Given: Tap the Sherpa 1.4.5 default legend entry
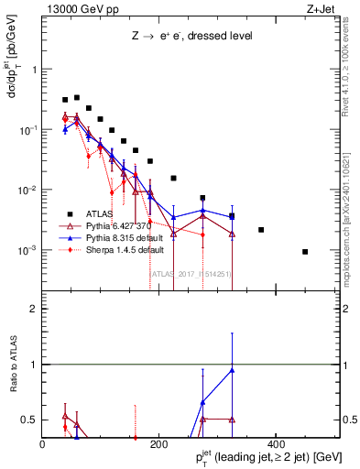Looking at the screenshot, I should click(x=118, y=249).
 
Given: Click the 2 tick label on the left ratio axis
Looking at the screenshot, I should click(x=32, y=309).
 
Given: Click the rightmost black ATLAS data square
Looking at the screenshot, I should click(x=305, y=251).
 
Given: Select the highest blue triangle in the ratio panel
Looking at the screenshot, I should click(x=232, y=370).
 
